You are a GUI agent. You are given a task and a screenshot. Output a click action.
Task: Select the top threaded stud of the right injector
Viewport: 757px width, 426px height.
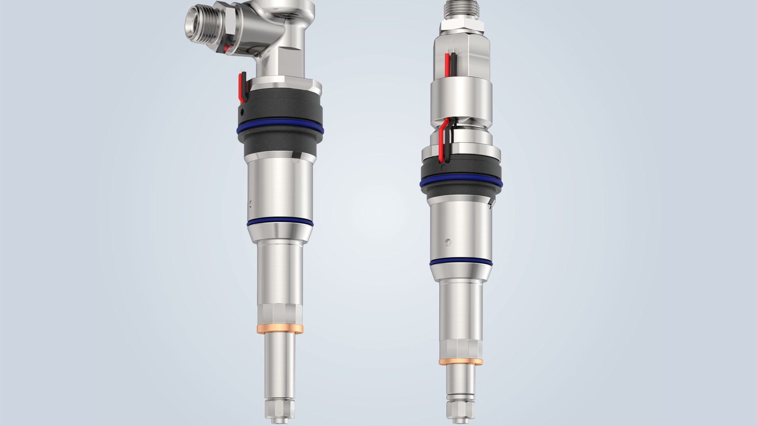coord(461,10)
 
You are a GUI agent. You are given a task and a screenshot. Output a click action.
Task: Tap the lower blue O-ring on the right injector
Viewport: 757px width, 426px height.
coord(461,262)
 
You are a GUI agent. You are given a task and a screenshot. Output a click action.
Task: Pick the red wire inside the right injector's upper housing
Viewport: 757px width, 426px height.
coord(447,65)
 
